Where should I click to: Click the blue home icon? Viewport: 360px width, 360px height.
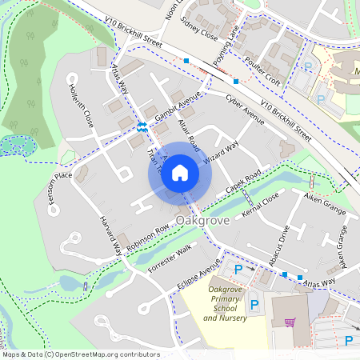(180, 173)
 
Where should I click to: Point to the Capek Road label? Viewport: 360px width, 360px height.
(243, 186)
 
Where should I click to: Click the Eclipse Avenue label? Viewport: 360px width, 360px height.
(199, 274)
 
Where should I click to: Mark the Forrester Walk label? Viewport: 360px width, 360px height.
(171, 259)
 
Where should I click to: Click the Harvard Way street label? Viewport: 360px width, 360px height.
(110, 234)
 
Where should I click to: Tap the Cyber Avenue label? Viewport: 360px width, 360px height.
(245, 110)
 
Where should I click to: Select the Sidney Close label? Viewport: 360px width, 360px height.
(199, 29)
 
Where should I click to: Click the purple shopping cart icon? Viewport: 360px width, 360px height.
(290, 322)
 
